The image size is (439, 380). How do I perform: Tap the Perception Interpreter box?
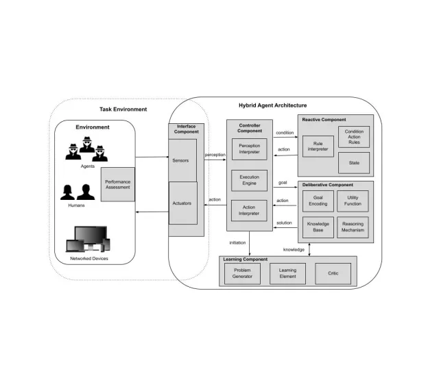click(x=249, y=149)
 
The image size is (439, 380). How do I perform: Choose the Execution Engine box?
click(x=249, y=181)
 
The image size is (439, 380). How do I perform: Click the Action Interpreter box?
click(x=249, y=210)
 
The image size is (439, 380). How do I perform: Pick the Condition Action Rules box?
click(x=354, y=136)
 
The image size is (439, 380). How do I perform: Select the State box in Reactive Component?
click(x=354, y=162)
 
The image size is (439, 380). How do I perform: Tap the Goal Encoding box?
click(x=318, y=200)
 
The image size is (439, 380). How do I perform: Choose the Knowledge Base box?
click(x=318, y=227)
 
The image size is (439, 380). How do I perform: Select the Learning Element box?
click(x=287, y=274)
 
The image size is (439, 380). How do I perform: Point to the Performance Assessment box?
click(x=118, y=184)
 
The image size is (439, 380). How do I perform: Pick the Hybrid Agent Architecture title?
click(x=272, y=105)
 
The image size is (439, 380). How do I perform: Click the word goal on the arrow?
click(x=283, y=183)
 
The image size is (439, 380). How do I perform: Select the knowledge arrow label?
click(x=294, y=249)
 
